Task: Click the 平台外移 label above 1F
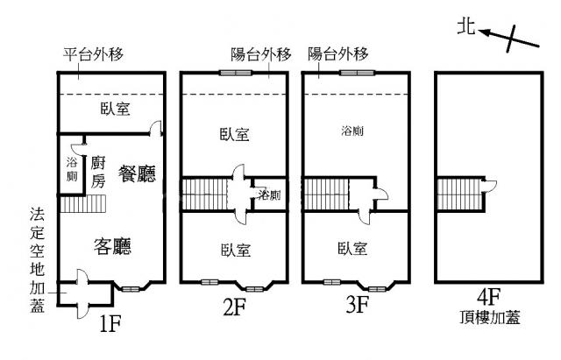[x=93, y=54]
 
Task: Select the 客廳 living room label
[x=112, y=246]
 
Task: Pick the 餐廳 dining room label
[x=137, y=173]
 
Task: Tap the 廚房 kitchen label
[x=98, y=172]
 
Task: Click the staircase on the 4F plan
[x=455, y=193]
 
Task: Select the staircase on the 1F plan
[x=82, y=205]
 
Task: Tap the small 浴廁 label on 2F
[x=270, y=195]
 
